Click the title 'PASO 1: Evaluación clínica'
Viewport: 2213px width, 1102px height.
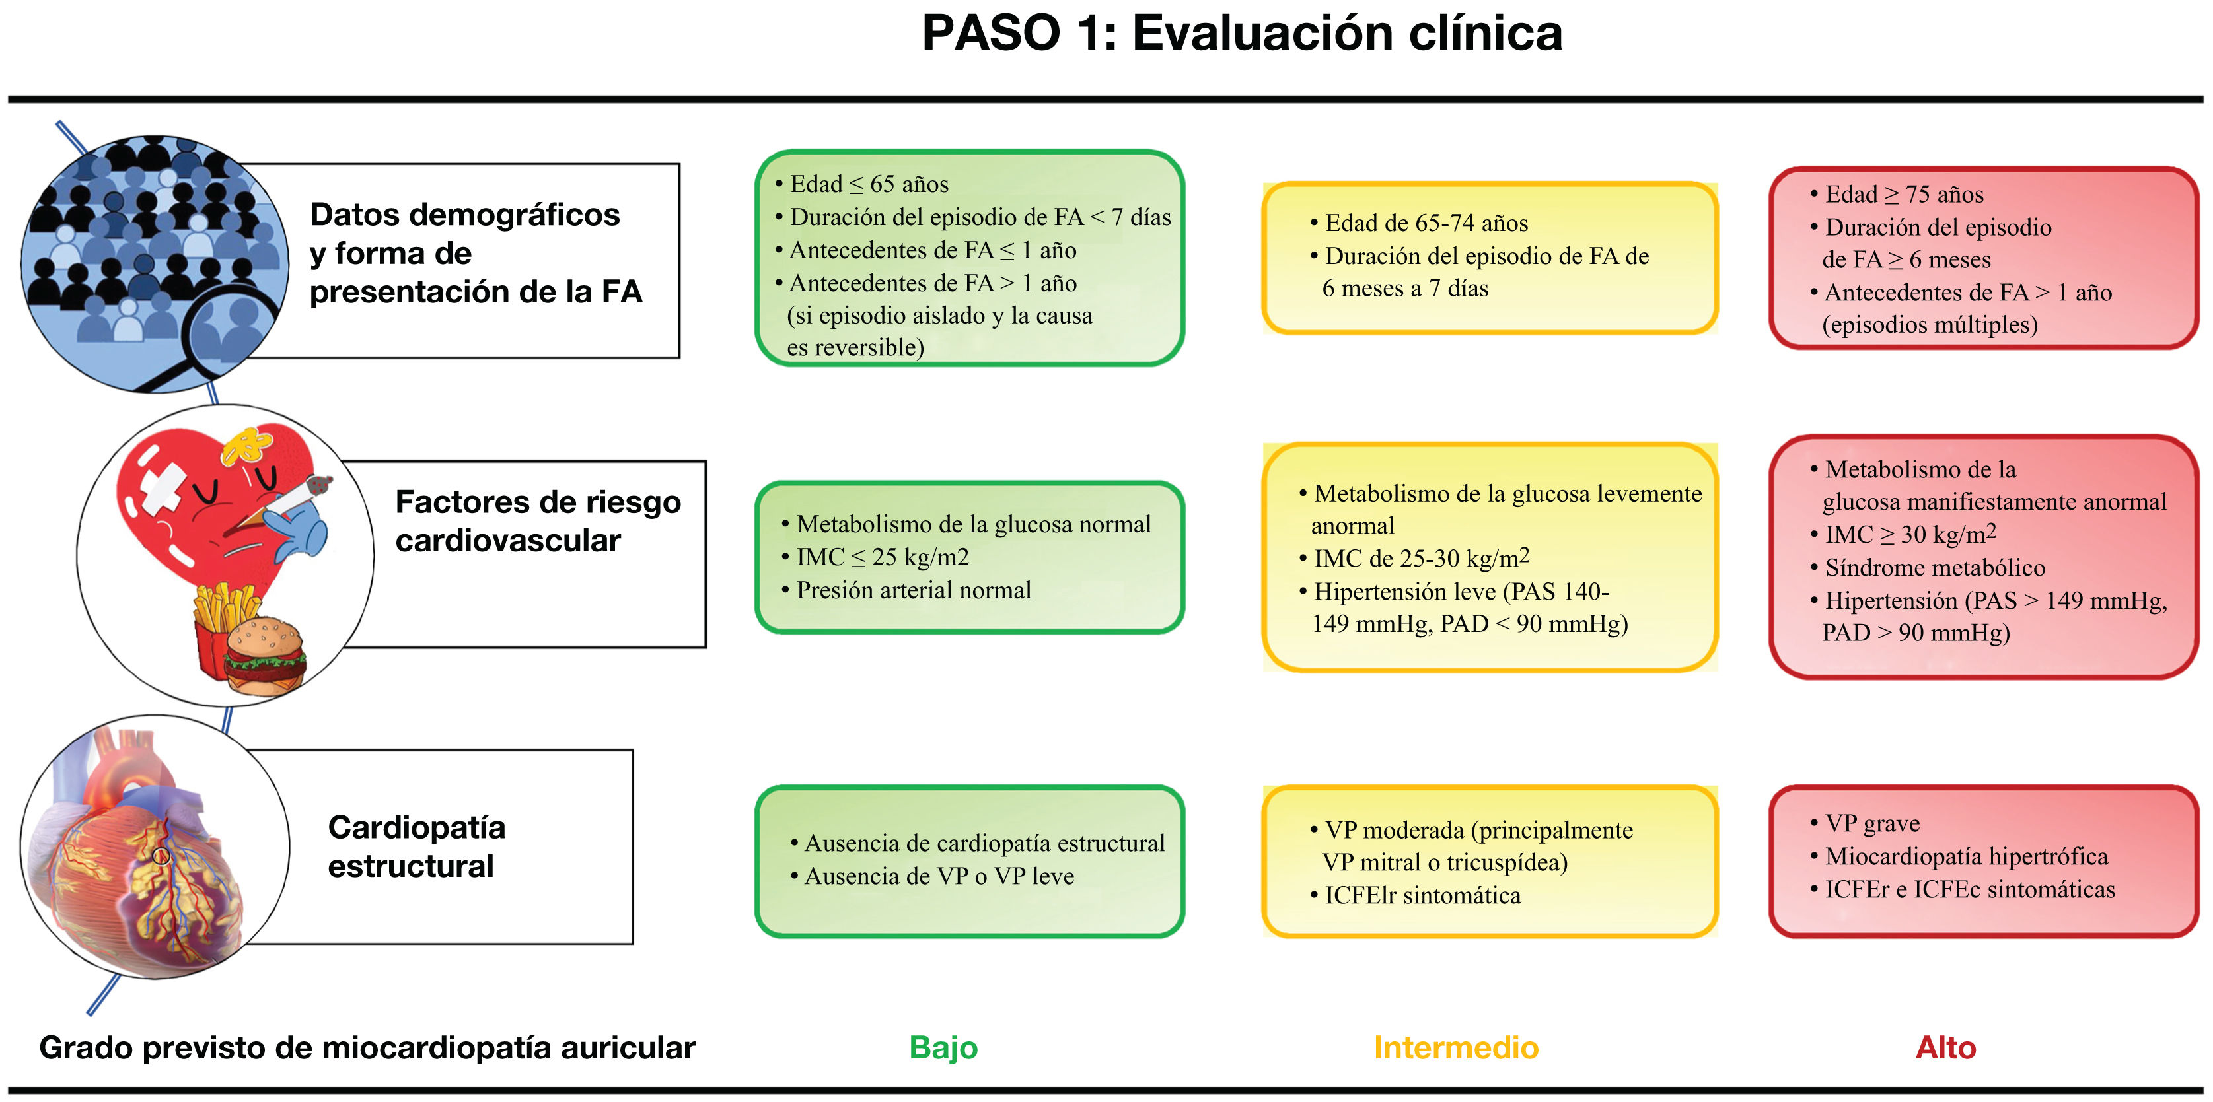point(1241,34)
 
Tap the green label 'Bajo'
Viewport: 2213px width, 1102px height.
point(943,1048)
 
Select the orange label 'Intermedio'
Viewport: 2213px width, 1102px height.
point(1456,1048)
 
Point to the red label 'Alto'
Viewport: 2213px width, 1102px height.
point(1946,1048)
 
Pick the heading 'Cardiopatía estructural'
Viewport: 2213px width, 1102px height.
point(417,846)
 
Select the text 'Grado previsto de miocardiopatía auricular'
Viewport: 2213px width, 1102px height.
point(367,1048)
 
